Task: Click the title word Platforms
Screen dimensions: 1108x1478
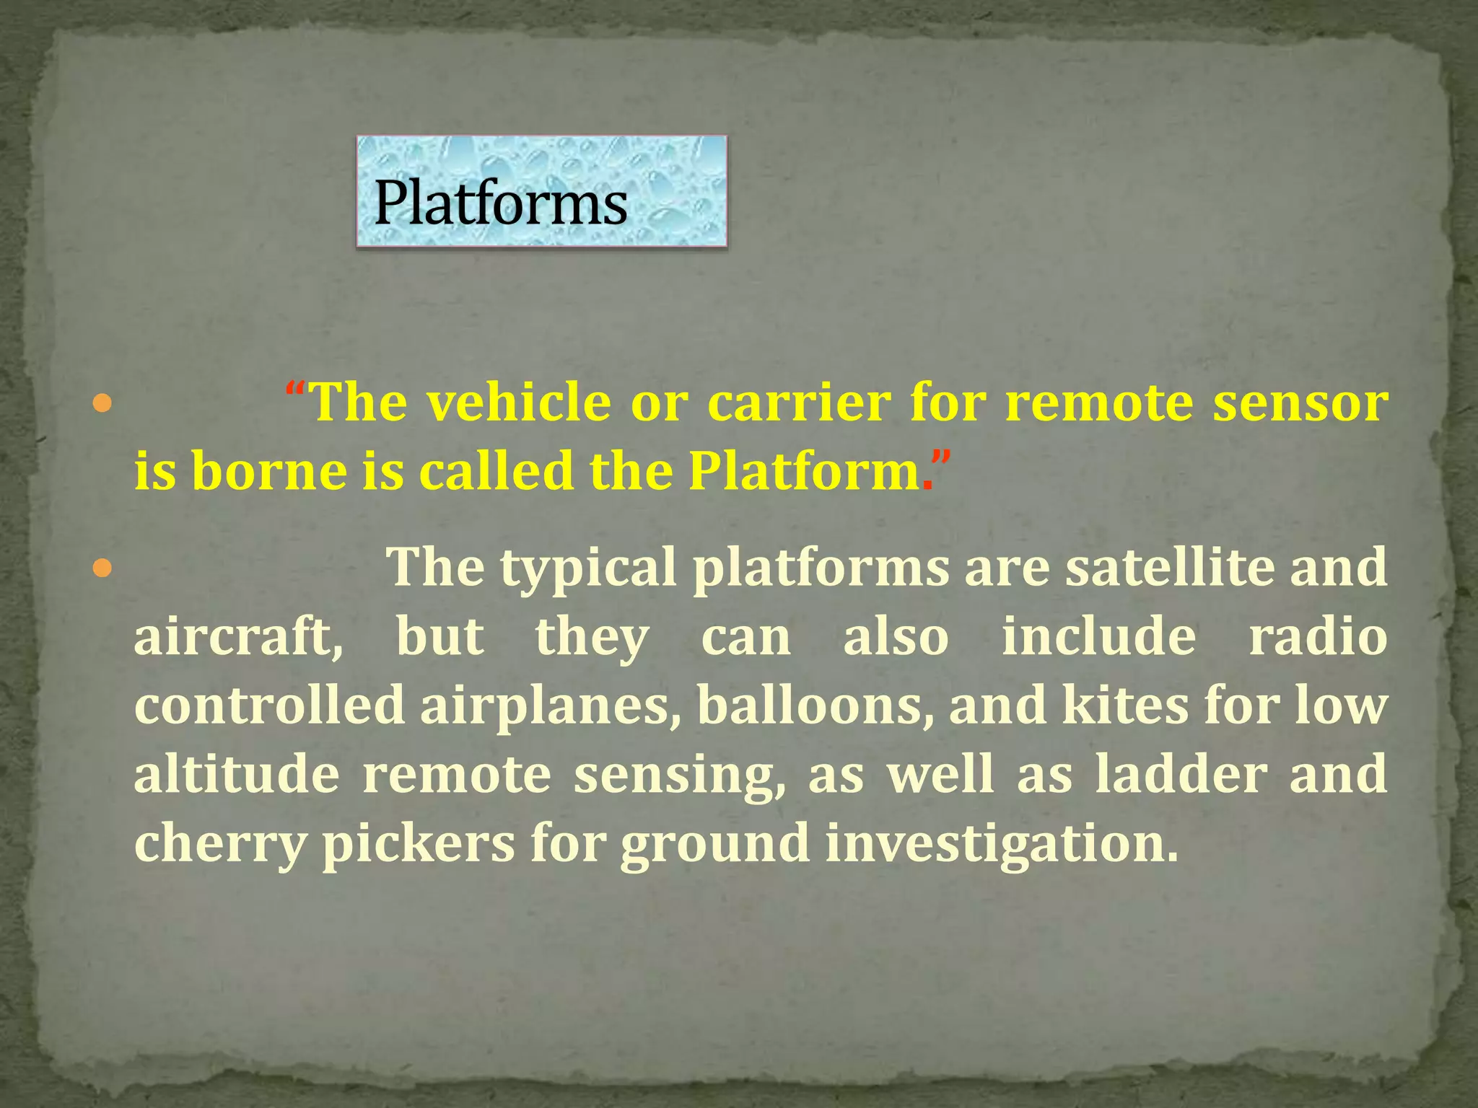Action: [500, 203]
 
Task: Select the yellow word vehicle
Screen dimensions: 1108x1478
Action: [518, 402]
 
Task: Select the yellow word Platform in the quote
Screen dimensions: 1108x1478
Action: [803, 471]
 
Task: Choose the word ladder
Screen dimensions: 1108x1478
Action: [1181, 774]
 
